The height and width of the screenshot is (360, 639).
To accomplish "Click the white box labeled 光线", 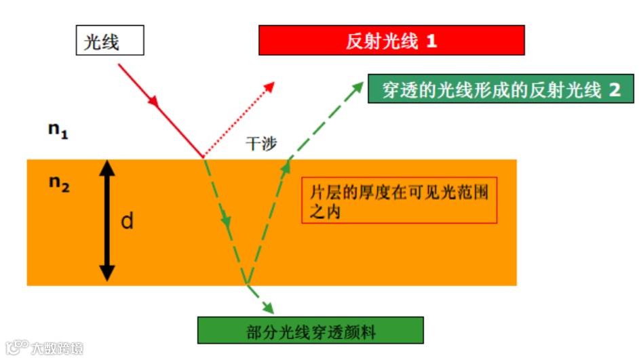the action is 109,41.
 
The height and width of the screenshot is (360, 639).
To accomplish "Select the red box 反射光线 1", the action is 391,41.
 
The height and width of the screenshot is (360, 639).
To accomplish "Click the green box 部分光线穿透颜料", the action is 311,331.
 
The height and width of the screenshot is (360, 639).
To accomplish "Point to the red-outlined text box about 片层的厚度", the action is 399,200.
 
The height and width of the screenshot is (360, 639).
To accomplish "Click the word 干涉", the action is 261,144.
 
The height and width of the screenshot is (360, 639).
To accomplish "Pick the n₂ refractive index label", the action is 59,184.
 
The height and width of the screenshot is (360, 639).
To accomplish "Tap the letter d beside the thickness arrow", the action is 127,220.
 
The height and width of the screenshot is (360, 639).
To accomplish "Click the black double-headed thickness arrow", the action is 107,220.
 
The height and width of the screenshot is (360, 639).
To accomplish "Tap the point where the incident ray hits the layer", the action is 203,158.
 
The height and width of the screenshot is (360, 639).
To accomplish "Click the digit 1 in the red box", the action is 431,41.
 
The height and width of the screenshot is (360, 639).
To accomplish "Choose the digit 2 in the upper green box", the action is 615,89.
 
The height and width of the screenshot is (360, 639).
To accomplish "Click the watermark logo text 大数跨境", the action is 58,348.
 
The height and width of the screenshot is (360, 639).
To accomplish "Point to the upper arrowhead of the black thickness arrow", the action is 107,167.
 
